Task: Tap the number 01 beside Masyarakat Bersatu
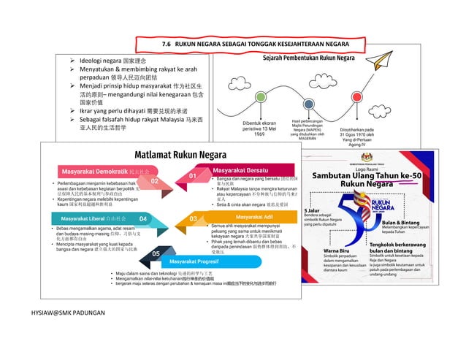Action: [193, 176]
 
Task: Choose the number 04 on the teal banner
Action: [143, 218]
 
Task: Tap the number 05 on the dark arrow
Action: [156, 253]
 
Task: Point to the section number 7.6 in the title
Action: [167, 45]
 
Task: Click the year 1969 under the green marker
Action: [259, 134]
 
